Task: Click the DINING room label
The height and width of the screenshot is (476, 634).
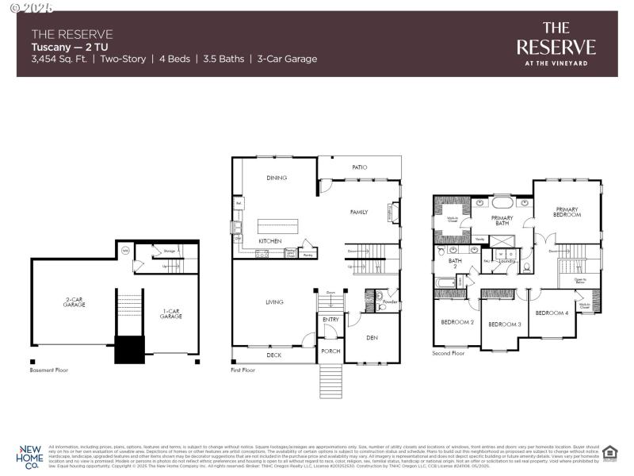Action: pos(277,178)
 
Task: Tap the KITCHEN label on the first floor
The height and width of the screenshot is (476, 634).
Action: pos(270,240)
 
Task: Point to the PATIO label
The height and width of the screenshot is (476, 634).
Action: pos(359,167)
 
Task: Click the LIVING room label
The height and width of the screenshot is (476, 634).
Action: pos(274,301)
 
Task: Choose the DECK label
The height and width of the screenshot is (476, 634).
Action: pos(273,355)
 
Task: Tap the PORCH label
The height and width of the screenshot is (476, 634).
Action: pos(330,350)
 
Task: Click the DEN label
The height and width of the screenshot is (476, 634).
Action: pos(372,338)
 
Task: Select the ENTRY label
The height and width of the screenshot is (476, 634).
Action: pos(330,320)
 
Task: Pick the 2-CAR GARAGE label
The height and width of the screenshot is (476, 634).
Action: pos(75,302)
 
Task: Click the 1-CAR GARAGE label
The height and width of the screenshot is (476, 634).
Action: pos(171,314)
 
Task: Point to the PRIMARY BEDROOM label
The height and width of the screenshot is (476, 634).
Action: pos(568,212)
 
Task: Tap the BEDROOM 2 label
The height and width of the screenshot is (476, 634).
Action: pos(457,322)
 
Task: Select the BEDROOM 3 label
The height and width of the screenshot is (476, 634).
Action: pos(504,324)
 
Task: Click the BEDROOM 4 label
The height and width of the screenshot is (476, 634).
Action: pos(552,313)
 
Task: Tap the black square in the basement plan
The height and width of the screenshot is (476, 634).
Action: pos(129,349)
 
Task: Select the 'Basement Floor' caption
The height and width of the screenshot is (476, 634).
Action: pos(49,370)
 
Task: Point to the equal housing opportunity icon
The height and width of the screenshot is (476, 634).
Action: pos(609,453)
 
